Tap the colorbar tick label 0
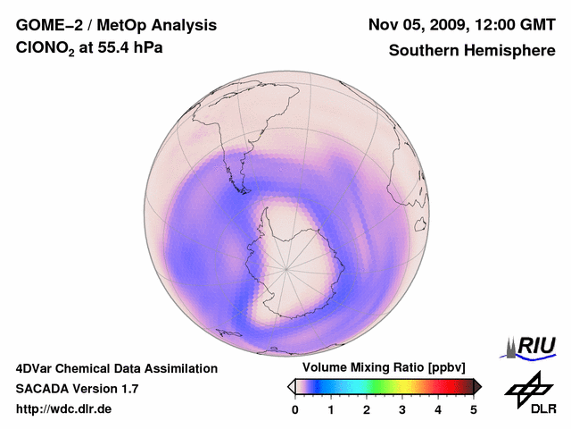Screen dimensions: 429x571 295,409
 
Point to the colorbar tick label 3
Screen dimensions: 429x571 402,409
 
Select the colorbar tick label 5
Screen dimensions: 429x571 474,409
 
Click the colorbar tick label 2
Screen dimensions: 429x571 367,409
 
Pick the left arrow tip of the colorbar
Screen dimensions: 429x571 289,386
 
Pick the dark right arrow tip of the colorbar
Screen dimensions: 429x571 479,386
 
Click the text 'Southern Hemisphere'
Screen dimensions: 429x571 472,51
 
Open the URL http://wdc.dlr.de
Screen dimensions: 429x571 64,409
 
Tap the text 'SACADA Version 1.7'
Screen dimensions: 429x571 77,389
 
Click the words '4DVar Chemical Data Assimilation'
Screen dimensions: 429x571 116,368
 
